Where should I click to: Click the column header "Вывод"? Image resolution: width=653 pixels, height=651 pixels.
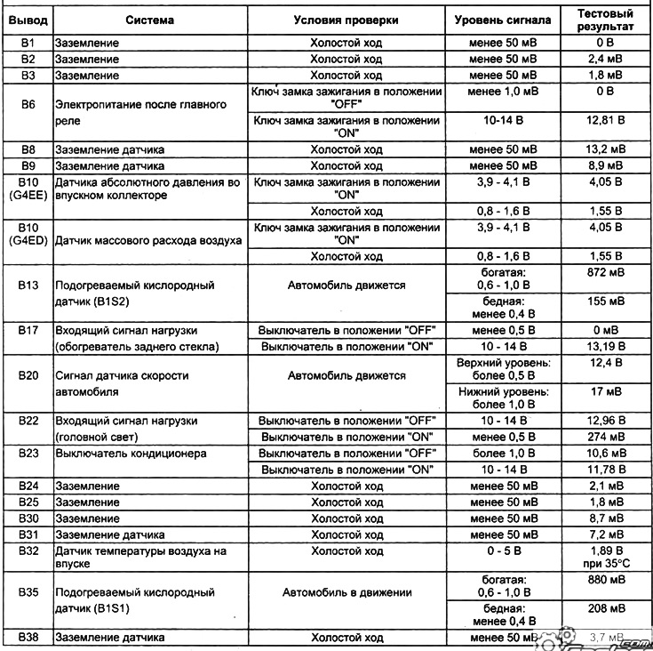[27, 20]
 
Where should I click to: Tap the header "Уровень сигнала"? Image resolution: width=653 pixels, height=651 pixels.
[503, 20]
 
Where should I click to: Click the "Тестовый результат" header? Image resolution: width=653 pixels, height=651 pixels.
[604, 20]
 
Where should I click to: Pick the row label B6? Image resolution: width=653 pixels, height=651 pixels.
[27, 104]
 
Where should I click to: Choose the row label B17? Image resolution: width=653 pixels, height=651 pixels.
[27, 329]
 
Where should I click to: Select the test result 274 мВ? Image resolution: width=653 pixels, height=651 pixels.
[604, 437]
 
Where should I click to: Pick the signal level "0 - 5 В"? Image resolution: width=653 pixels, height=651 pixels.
[503, 551]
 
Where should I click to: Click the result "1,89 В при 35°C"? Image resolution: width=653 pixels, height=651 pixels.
[604, 558]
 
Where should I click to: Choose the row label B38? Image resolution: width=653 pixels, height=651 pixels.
[27, 638]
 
